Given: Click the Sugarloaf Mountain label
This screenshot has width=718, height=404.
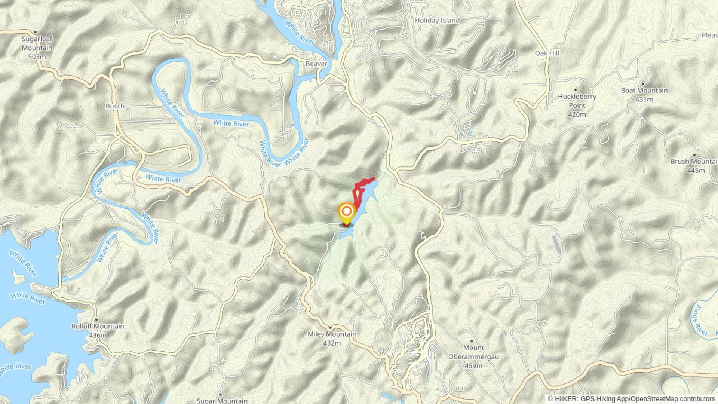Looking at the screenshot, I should pyautogui.click(x=37, y=43).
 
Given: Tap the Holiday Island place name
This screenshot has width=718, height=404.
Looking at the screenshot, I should pyautogui.click(x=437, y=21).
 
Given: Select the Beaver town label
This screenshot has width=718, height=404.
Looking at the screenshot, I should pyautogui.click(x=316, y=64).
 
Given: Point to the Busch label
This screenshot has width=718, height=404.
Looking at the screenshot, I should pyautogui.click(x=115, y=106).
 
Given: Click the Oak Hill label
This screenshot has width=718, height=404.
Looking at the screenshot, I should pyautogui.click(x=547, y=53).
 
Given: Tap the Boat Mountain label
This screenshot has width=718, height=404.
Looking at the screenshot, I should pyautogui.click(x=644, y=90).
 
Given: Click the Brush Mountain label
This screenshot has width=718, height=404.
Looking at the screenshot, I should pyautogui.click(x=694, y=161).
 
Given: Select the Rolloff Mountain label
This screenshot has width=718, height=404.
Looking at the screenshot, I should pyautogui.click(x=98, y=326).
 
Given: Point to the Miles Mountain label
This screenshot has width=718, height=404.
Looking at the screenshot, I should pyautogui.click(x=332, y=334).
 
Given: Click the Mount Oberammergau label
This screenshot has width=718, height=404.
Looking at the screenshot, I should pyautogui.click(x=473, y=352).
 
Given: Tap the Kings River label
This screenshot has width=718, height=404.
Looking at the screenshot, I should pyautogui.click(x=699, y=321).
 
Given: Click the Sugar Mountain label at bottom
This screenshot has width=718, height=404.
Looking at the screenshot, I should pyautogui.click(x=222, y=401).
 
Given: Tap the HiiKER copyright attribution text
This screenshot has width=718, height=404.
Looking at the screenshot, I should pyautogui.click(x=631, y=399).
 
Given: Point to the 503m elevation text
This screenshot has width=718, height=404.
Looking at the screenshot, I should pyautogui.click(x=37, y=57).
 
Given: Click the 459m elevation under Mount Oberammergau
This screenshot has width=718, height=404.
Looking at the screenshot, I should pyautogui.click(x=473, y=365).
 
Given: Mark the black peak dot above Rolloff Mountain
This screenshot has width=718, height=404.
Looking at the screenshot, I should pyautogui.click(x=96, y=320).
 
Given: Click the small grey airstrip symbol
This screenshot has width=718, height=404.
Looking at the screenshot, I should pyautogui.click(x=556, y=244).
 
